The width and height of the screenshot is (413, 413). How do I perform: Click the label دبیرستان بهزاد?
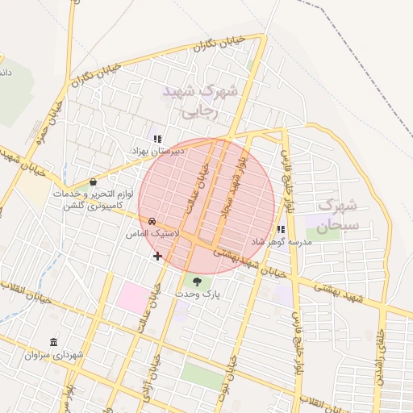point(157,151)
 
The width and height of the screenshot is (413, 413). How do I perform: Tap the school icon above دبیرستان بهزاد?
point(157,139)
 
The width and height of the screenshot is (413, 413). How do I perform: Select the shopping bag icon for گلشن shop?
point(94,182)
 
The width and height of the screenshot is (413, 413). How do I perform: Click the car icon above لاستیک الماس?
point(152,221)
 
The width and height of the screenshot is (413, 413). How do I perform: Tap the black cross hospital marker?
point(157,257)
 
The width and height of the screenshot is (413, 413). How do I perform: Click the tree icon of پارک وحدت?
point(198,281)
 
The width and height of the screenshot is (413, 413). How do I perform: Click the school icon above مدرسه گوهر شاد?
point(281,229)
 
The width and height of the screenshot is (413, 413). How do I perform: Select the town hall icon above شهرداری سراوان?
point(53,342)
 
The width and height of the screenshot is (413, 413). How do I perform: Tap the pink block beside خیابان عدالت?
point(132,296)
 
